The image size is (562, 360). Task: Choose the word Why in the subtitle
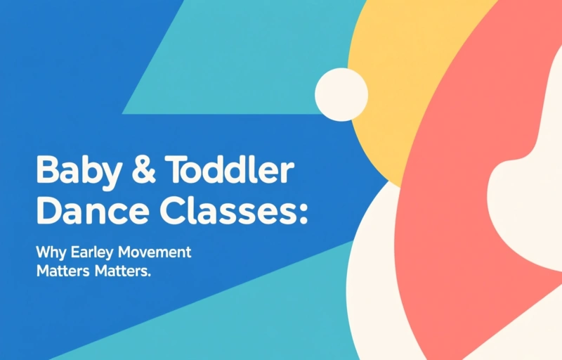tap(50, 252)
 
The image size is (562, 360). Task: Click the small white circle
tap(341, 94)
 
